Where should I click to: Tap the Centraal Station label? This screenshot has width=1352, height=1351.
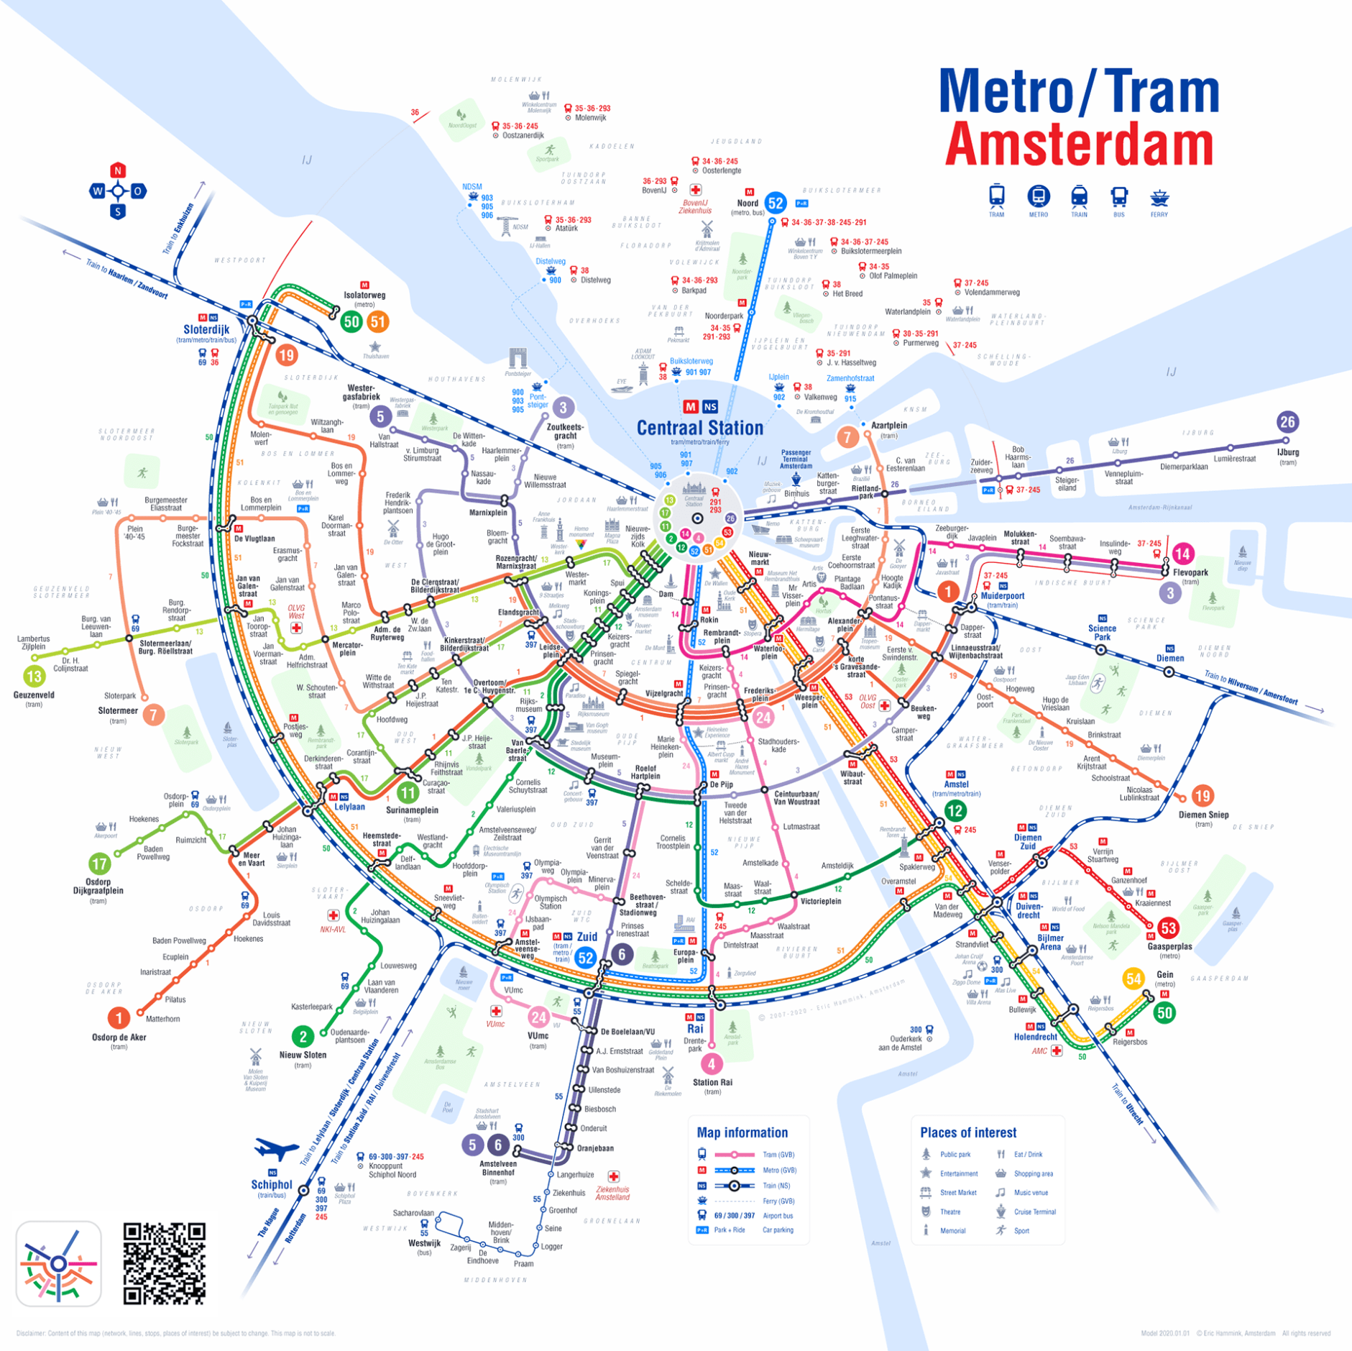[699, 428]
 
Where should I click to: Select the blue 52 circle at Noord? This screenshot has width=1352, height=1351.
[775, 203]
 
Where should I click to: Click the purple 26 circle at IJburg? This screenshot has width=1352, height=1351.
[1286, 422]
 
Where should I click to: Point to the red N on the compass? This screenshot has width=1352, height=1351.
[118, 170]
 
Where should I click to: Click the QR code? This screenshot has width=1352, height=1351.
[165, 1263]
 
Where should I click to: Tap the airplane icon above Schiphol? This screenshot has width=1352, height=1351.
[276, 1149]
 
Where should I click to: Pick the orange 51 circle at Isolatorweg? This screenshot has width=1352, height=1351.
[378, 322]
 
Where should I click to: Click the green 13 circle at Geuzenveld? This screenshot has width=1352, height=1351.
[34, 676]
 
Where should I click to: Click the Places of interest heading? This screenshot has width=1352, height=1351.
[967, 1132]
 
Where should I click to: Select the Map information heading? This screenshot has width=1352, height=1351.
[742, 1132]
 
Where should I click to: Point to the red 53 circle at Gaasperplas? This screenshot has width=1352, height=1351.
[1168, 928]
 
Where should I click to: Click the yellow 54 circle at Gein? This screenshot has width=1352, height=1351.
[1133, 978]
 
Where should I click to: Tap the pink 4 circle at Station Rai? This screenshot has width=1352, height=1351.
[712, 1063]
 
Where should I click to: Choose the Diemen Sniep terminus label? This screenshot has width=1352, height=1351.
[1203, 815]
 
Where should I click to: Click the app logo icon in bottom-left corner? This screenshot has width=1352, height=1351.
[58, 1263]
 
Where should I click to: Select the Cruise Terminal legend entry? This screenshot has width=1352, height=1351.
[1034, 1212]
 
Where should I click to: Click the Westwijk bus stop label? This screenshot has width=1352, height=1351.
[424, 1242]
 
